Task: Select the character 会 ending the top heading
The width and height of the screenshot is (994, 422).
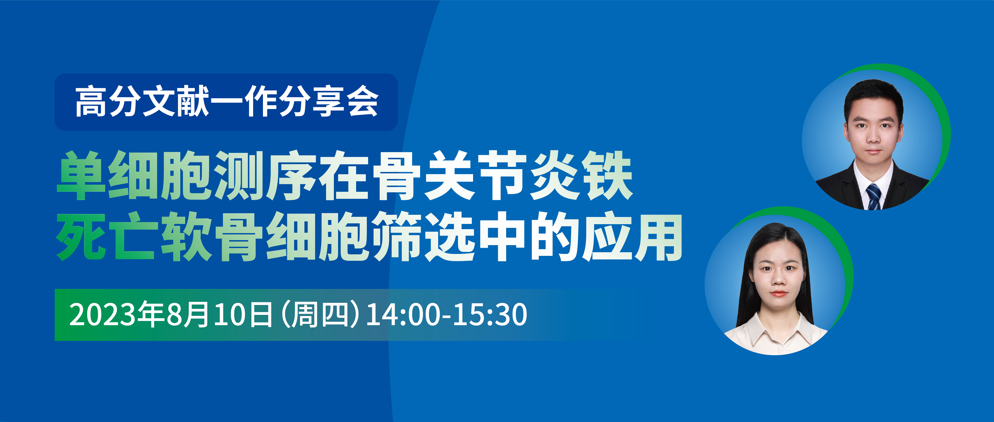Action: [x=362, y=101]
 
